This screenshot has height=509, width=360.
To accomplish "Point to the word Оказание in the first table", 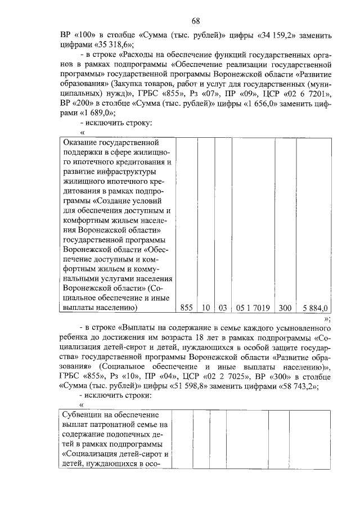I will click(x=80, y=143).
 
